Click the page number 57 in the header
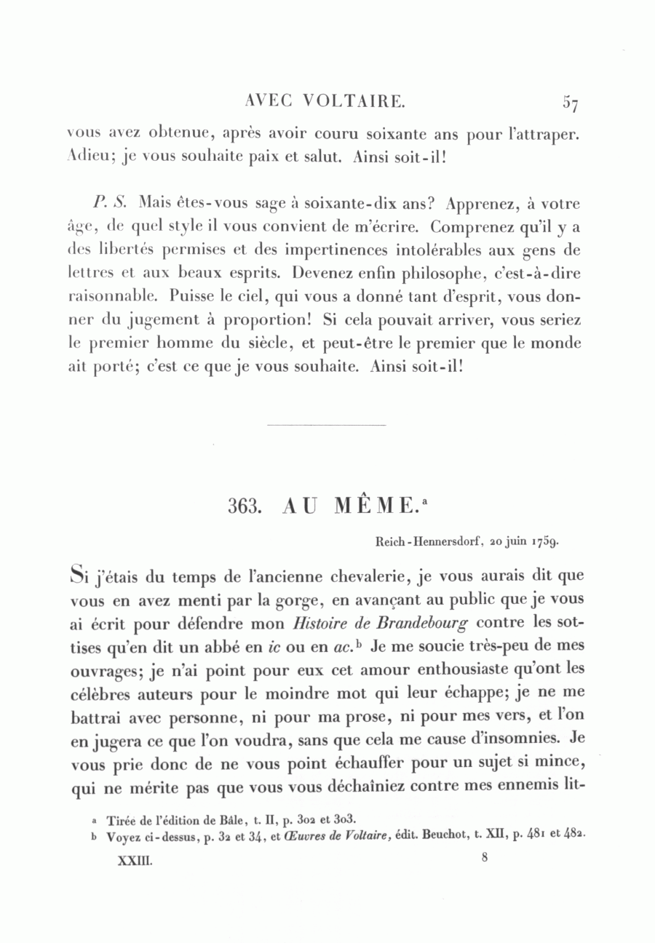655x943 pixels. point(570,103)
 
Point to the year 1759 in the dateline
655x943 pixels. point(546,541)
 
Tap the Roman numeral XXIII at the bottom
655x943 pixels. point(135,859)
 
